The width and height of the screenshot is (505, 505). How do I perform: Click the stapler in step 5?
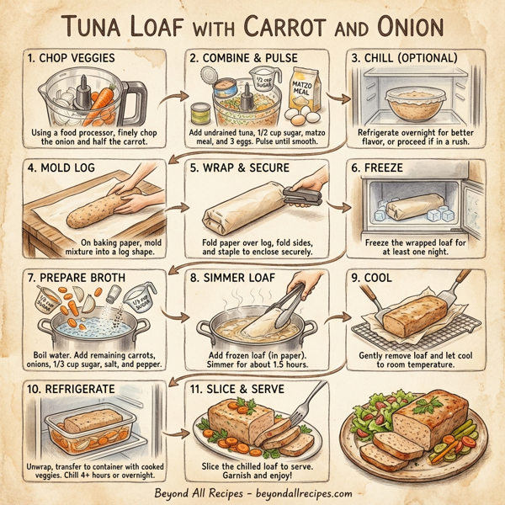[305, 195]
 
